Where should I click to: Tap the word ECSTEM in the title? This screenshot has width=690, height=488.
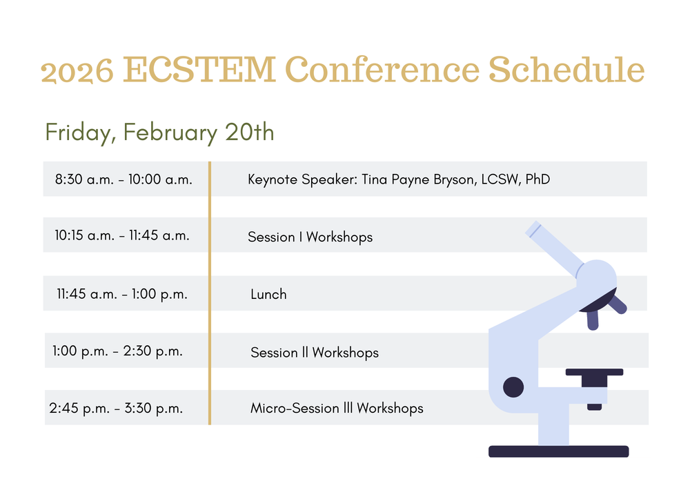click(x=199, y=70)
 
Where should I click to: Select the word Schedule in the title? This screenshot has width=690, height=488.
click(x=566, y=68)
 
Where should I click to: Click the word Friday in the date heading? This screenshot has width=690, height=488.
click(x=80, y=133)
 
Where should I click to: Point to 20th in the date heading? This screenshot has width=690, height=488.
click(x=250, y=132)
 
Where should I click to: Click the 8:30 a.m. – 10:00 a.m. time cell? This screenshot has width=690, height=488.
click(x=124, y=179)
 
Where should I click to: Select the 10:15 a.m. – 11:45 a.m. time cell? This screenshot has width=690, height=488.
click(x=122, y=235)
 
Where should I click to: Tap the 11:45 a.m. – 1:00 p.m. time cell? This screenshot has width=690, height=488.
click(x=122, y=294)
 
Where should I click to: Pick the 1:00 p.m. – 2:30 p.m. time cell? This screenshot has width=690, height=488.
click(x=117, y=351)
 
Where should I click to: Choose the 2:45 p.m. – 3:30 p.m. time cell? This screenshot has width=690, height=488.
click(x=116, y=409)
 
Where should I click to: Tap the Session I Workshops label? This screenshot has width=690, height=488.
click(x=310, y=237)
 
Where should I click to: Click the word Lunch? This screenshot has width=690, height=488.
click(x=268, y=294)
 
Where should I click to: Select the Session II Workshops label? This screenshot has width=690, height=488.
click(x=314, y=353)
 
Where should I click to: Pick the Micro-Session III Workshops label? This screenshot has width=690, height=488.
click(x=337, y=409)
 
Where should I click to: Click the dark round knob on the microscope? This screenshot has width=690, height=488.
click(x=513, y=387)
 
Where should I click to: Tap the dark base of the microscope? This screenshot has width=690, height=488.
click(x=558, y=451)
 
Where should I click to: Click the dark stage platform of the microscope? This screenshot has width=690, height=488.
click(x=594, y=372)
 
